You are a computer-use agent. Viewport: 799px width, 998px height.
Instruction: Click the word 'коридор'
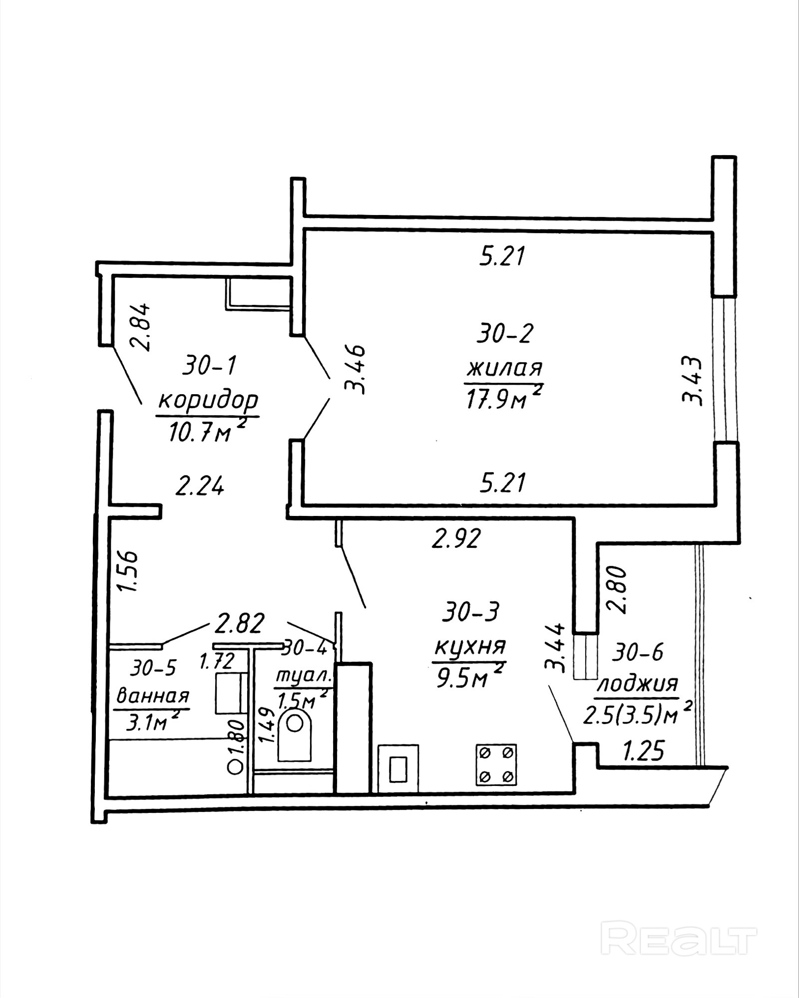[208, 400]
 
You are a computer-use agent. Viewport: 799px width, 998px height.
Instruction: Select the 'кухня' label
[470, 647]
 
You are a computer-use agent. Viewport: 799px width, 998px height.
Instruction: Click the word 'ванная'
[152, 695]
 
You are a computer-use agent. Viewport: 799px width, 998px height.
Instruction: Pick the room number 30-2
[505, 333]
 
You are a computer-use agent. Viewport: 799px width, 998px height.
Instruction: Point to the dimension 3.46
[356, 369]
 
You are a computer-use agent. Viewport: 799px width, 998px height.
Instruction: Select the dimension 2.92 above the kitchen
[456, 538]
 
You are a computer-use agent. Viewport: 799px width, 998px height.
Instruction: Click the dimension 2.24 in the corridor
[199, 486]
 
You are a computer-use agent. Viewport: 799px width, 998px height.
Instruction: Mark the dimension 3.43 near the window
[693, 380]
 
